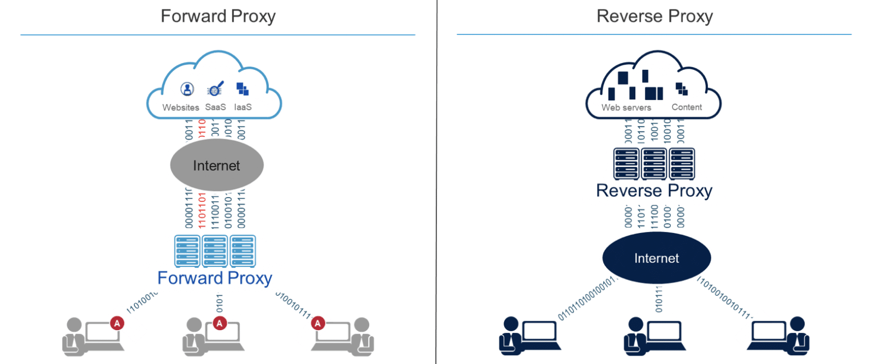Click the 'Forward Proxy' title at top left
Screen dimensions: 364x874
coord(218,16)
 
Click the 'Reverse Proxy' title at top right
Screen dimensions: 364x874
coord(654,16)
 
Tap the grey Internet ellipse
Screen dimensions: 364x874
coord(217,165)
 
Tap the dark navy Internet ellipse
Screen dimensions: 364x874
coord(656,258)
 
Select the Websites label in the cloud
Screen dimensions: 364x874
coord(180,108)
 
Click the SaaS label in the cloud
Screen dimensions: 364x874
coord(215,107)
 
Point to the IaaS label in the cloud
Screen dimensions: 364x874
coord(243,107)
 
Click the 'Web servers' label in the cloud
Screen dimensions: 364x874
coord(626,108)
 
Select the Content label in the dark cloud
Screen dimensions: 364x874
coord(687,107)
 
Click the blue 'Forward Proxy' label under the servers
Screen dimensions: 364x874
coord(215,278)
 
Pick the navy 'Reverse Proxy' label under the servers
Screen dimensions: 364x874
coord(654,190)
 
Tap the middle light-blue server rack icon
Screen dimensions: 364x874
coord(215,251)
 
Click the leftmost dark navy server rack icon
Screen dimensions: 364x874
coord(626,164)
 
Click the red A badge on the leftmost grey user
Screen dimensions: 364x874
coord(117,323)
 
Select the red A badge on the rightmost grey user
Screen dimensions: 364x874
coord(318,323)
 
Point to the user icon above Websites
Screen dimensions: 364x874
coord(187,89)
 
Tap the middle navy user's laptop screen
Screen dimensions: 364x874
coord(664,331)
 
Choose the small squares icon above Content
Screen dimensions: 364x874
coord(682,89)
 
